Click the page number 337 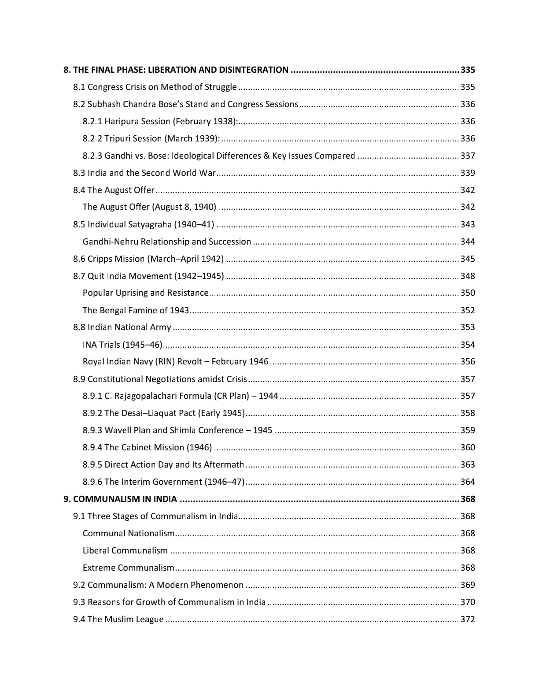point(468,156)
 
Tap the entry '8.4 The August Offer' point(114,190)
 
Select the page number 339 point(468,173)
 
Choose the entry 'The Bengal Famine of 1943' point(136,310)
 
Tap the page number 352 point(468,310)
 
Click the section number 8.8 point(79,327)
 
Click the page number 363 point(468,464)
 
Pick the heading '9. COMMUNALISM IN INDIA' point(120,499)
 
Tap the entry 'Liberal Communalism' point(125,550)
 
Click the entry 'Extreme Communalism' point(128,568)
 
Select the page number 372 point(468,619)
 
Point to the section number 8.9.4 point(92,447)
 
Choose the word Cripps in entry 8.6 point(100,259)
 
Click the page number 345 point(468,259)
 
